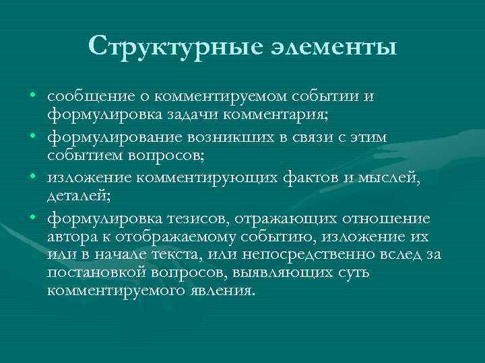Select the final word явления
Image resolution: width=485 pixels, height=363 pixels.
(222, 291)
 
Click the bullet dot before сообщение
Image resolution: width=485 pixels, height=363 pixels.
(32, 96)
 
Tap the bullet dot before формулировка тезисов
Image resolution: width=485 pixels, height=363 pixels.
(32, 217)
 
